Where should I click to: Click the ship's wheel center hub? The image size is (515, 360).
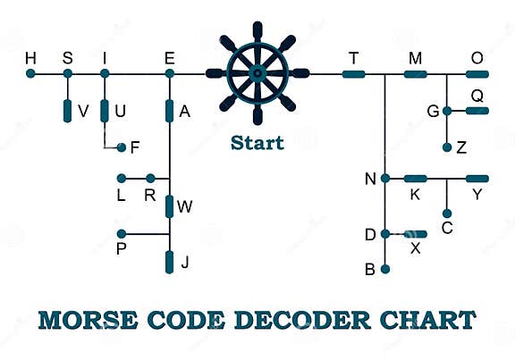pos(257,73)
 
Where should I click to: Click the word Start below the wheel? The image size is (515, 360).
pos(257,142)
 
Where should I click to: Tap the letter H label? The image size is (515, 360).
pos(31,58)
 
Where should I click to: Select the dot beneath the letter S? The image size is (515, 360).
pos(67,73)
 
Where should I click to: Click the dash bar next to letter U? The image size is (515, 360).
pos(105,110)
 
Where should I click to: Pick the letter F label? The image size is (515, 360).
pos(135,147)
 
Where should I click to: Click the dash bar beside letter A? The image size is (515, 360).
pos(169,110)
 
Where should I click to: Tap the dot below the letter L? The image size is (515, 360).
pos(121,178)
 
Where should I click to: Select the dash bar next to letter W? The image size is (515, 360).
pos(169,206)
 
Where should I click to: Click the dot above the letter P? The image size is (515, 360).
pos(121,234)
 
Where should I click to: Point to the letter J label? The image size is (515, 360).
pos(185,263)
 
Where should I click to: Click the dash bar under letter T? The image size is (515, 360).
pos(354,73)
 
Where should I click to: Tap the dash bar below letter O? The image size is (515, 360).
pos(477,73)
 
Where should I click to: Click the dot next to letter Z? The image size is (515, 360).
pos(446,146)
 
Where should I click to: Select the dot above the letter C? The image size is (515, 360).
pos(446,213)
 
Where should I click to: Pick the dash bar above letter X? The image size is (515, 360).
pos(415,234)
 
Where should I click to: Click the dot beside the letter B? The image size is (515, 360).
pos(385,268)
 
